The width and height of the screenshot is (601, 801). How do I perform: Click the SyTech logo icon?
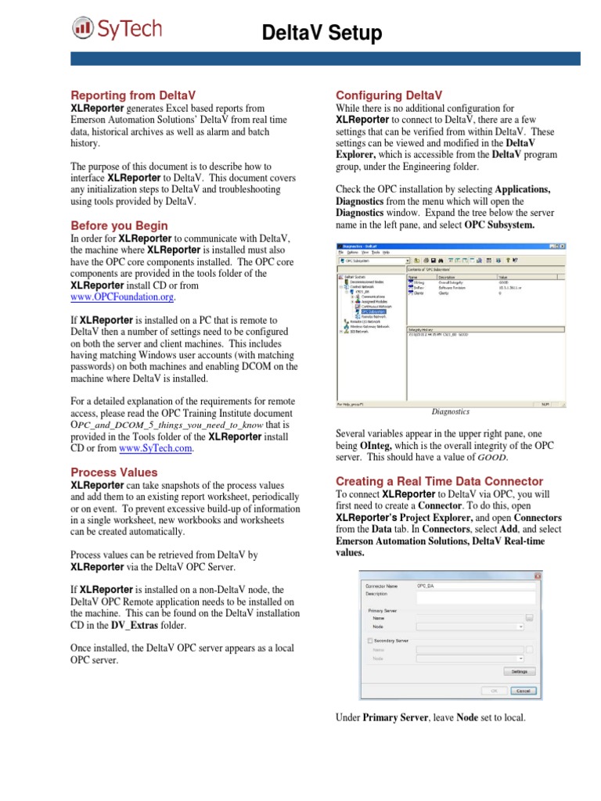pyautogui.click(x=82, y=29)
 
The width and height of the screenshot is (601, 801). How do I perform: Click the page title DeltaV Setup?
pyautogui.click(x=322, y=33)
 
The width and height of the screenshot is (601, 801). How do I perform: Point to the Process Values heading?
pyautogui.click(x=114, y=472)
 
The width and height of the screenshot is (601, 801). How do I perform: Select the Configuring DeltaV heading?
pyautogui.click(x=389, y=95)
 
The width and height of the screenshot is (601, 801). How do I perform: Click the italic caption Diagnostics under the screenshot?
pyautogui.click(x=451, y=411)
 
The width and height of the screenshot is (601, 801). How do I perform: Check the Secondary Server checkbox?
pyautogui.click(x=369, y=640)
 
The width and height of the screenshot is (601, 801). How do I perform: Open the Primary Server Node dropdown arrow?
pyautogui.click(x=520, y=627)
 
